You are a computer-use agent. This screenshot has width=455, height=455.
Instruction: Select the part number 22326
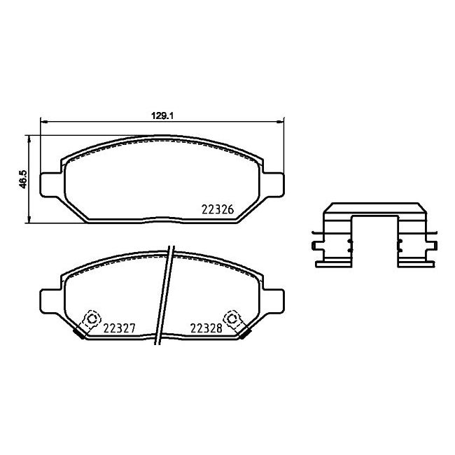coord(217,209)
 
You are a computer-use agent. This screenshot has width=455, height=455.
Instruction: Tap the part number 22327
coord(119,328)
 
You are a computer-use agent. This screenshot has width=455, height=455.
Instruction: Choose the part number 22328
coord(206,328)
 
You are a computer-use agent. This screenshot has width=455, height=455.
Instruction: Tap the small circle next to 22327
coord(90,320)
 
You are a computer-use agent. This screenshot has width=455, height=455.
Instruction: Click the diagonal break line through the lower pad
coord(165,294)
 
